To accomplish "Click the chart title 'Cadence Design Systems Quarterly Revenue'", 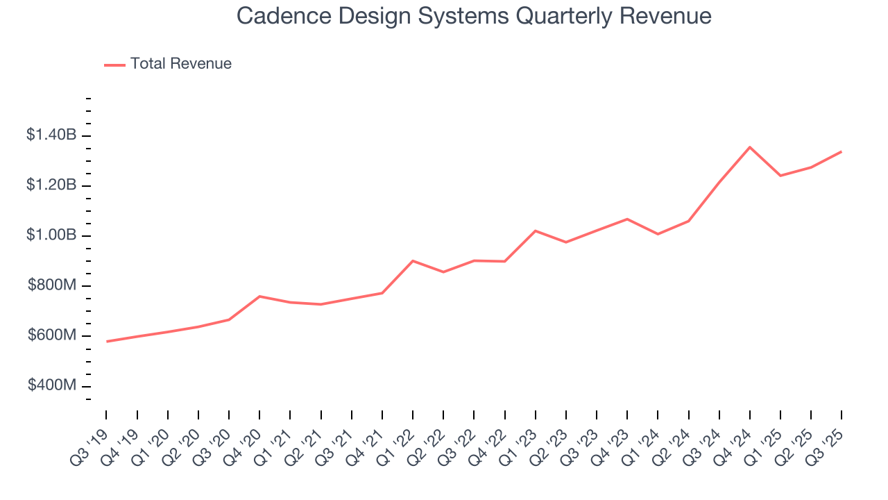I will click(474, 16).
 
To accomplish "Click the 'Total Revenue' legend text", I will click(180, 64).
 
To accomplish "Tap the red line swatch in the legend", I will click(114, 65).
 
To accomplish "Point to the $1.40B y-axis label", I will click(51, 135).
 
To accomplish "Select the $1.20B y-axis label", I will click(51, 185).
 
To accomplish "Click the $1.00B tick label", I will click(51, 235).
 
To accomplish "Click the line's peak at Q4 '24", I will click(750, 147).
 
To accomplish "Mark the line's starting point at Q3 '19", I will click(107, 341).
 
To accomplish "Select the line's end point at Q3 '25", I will click(842, 151).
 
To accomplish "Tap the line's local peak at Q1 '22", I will click(413, 261).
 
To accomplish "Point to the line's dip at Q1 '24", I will click(658, 234).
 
